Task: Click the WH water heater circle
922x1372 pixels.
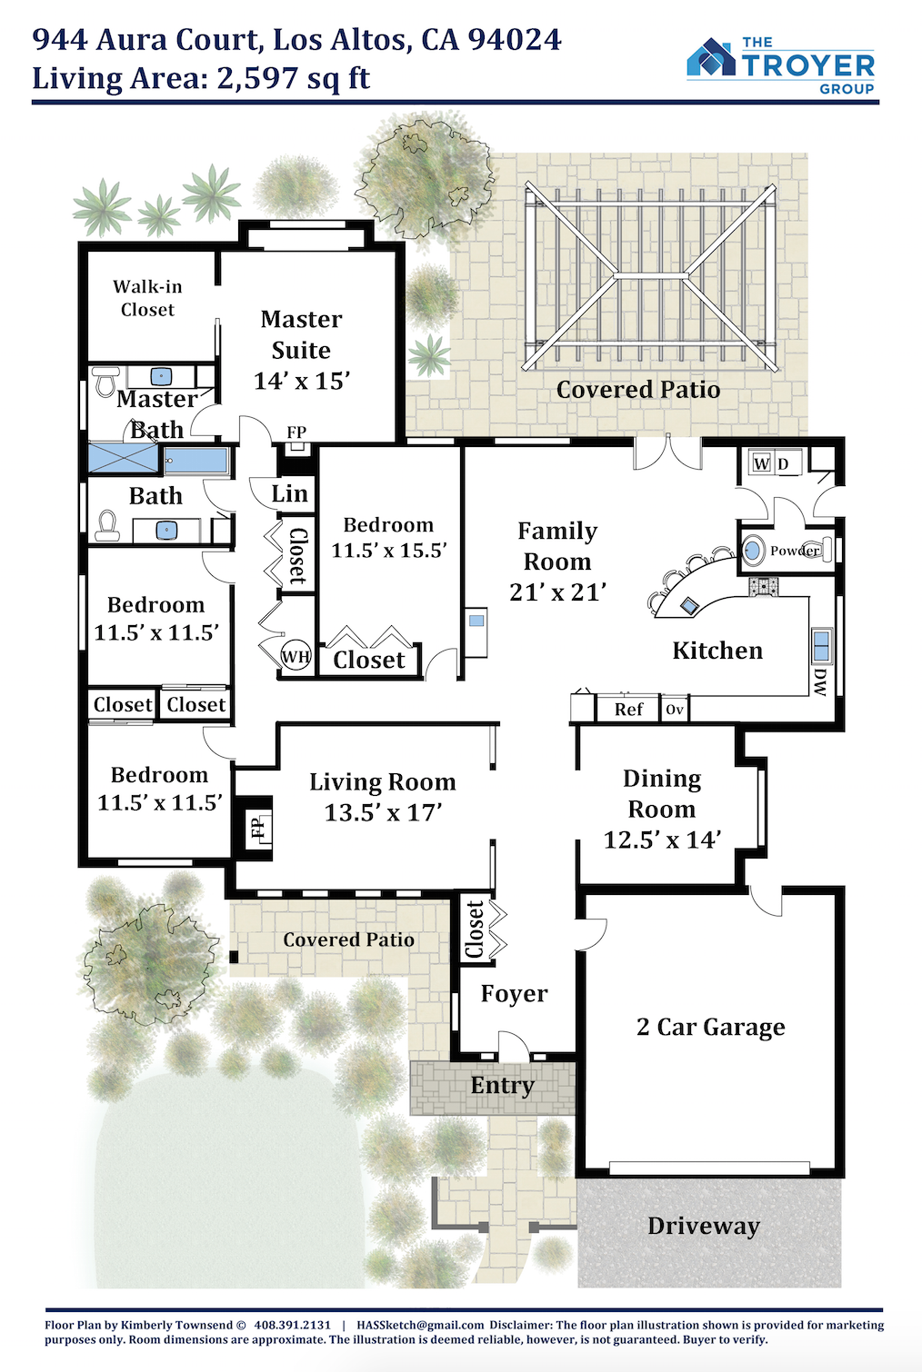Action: pyautogui.click(x=296, y=657)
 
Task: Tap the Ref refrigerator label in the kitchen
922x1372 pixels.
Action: pyautogui.click(x=628, y=710)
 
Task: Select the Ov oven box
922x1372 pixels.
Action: pyautogui.click(x=675, y=710)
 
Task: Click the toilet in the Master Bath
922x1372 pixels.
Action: pyautogui.click(x=106, y=381)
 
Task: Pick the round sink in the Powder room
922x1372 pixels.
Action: pyautogui.click(x=754, y=550)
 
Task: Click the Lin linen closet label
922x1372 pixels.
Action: pyautogui.click(x=289, y=493)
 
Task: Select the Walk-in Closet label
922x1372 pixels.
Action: pyautogui.click(x=147, y=298)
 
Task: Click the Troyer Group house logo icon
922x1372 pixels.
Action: pyautogui.click(x=711, y=57)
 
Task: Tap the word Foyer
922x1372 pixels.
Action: pyautogui.click(x=514, y=993)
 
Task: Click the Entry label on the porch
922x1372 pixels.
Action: pyautogui.click(x=502, y=1086)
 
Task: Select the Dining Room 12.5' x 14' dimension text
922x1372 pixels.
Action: pyautogui.click(x=662, y=840)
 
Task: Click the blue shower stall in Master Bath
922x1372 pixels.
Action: pyautogui.click(x=124, y=458)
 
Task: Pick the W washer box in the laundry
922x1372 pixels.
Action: pyautogui.click(x=761, y=463)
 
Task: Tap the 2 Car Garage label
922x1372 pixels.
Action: pyautogui.click(x=710, y=1027)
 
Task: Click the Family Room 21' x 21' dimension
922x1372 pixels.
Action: pyautogui.click(x=558, y=592)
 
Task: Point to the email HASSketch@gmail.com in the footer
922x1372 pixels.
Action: pyautogui.click(x=421, y=1325)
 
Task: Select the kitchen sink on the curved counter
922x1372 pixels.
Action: pyautogui.click(x=688, y=606)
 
